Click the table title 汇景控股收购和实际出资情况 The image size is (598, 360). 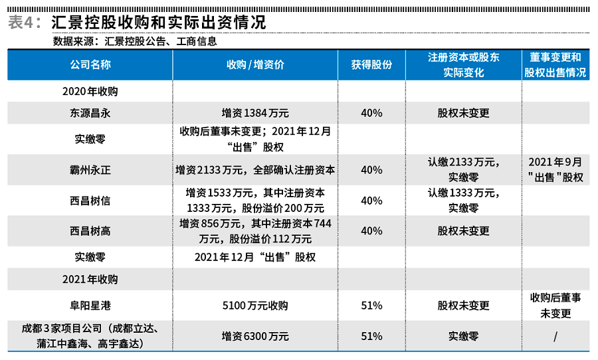(x=158, y=22)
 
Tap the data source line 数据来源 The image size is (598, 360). (x=135, y=41)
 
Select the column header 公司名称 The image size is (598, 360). (x=90, y=64)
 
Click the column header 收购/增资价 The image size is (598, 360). (x=255, y=64)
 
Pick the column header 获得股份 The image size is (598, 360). (x=371, y=64)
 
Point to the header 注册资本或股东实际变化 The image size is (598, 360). (x=463, y=64)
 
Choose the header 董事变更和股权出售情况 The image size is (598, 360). (x=555, y=64)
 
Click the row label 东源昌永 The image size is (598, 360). (x=90, y=113)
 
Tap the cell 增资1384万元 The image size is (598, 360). (x=255, y=113)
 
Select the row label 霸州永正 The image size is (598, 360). (x=90, y=170)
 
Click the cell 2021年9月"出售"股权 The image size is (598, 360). (x=555, y=170)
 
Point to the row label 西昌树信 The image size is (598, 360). (x=90, y=201)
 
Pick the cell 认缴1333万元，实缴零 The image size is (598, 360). (x=463, y=201)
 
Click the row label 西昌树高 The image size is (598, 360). (x=90, y=230)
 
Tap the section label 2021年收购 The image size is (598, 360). (x=90, y=279)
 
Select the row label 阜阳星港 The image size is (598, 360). (x=90, y=306)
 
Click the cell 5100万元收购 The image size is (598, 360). (x=255, y=306)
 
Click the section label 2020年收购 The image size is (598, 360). (x=90, y=91)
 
